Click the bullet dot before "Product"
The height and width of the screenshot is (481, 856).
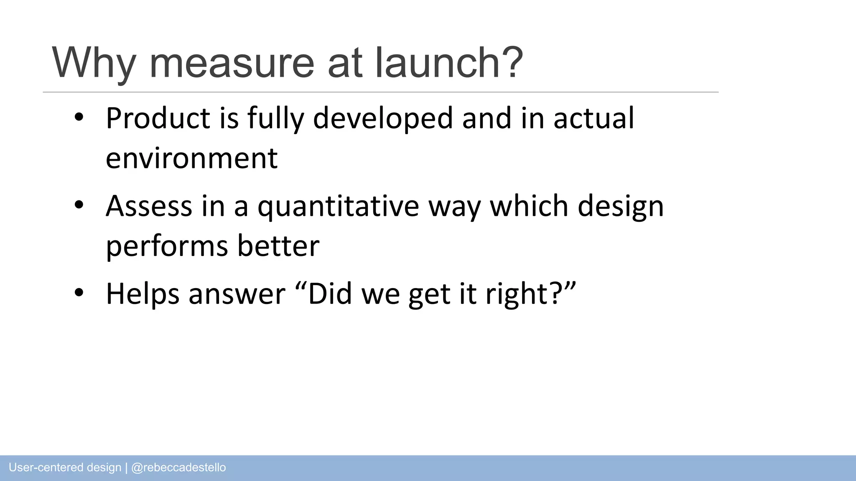[79, 118]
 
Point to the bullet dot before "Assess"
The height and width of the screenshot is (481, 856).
[79, 205]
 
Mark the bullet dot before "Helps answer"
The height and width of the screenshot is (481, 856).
[79, 293]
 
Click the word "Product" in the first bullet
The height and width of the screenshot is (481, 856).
[158, 118]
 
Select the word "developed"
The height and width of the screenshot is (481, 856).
[382, 118]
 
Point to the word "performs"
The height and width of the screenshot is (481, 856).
[167, 246]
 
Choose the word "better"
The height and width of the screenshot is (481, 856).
[278, 246]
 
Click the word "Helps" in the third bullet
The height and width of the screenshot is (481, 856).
[143, 294]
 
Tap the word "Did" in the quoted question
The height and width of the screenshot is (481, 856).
[330, 294]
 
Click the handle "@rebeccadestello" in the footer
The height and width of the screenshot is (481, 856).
[178, 468]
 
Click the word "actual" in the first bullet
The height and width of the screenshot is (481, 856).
[594, 118]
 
